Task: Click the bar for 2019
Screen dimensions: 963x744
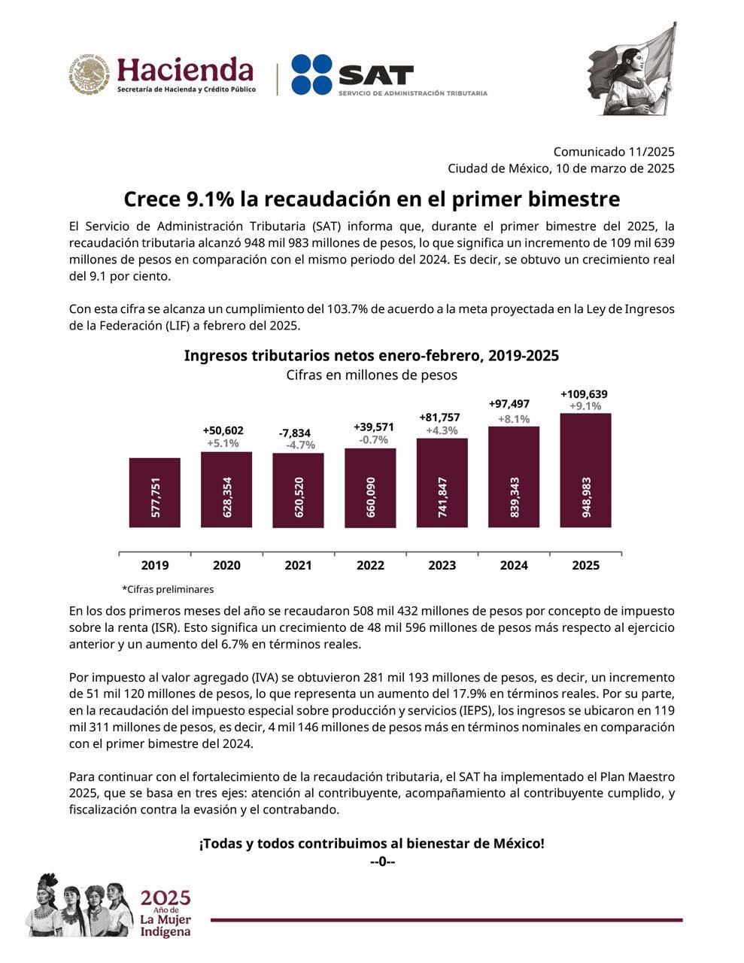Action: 154,492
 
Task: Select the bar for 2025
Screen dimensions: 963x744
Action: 585,469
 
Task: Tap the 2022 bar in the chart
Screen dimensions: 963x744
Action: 370,488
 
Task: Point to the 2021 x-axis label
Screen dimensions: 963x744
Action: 298,566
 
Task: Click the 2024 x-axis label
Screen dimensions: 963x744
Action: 514,566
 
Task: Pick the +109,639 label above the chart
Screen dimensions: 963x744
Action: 584,394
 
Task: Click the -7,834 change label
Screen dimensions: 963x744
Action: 294,433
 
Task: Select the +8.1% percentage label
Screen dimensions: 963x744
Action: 514,419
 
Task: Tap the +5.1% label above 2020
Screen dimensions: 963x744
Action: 223,443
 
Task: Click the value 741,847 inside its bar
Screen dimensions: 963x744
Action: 442,497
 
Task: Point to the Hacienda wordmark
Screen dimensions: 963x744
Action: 185,71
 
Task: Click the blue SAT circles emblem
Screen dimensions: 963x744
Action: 311,74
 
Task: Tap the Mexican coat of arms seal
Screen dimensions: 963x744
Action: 90,74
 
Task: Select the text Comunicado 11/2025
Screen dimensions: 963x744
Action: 614,152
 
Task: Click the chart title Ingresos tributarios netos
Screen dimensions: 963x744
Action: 372,355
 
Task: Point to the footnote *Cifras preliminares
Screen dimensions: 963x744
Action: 168,589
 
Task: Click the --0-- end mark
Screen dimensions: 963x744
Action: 382,861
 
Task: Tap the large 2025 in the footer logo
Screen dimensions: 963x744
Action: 166,898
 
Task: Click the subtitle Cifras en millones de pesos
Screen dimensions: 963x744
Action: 372,375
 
